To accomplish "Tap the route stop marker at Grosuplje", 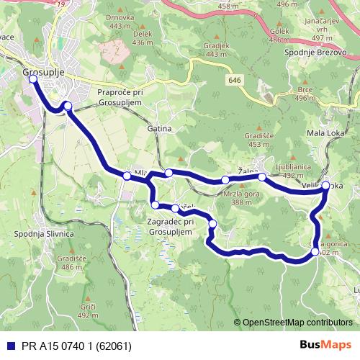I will (x=32, y=80).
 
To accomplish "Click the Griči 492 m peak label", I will (x=87, y=310).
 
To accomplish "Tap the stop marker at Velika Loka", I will (x=325, y=186).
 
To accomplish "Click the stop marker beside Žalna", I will (x=262, y=176).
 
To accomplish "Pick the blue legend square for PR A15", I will (x=8, y=345).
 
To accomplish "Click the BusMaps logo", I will (x=325, y=344).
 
